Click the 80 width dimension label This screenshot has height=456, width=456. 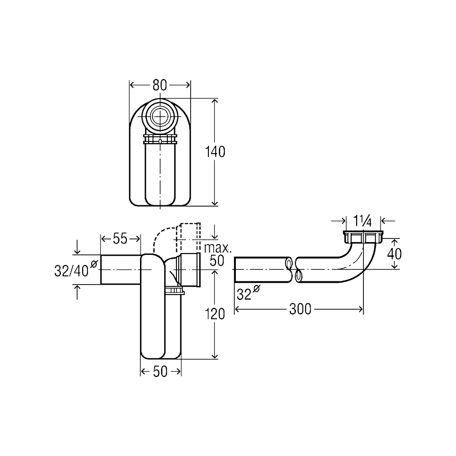click(160, 85)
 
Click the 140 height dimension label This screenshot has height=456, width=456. click(215, 152)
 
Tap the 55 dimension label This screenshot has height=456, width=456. click(120, 239)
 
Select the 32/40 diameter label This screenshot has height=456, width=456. click(72, 271)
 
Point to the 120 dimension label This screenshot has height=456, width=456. click(215, 314)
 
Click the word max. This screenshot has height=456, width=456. click(218, 248)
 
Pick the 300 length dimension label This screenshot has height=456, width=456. click(300, 309)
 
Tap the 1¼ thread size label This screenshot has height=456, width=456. click(363, 221)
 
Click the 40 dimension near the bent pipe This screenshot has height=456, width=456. click(394, 254)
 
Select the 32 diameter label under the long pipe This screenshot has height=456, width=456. click(244, 294)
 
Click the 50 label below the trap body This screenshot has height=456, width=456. click(160, 371)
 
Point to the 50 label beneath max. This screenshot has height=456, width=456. click(217, 261)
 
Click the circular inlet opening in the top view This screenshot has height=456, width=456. click(160, 116)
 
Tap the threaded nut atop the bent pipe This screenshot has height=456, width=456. click(363, 237)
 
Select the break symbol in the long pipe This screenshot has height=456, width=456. click(294, 269)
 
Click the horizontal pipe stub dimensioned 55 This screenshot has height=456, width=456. click(121, 269)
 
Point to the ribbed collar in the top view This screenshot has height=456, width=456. click(160, 139)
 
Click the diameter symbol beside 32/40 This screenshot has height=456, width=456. click(94, 264)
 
